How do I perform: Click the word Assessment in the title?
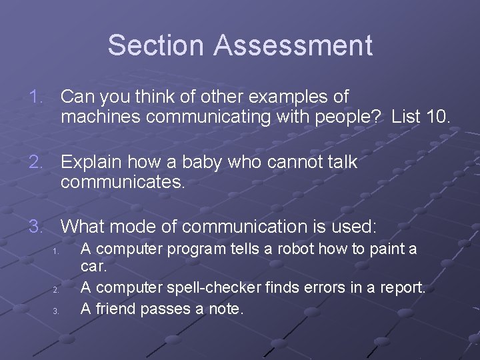(x=293, y=45)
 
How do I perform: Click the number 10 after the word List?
(x=437, y=117)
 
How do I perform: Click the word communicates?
(x=123, y=181)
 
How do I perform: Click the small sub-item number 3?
(x=56, y=311)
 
